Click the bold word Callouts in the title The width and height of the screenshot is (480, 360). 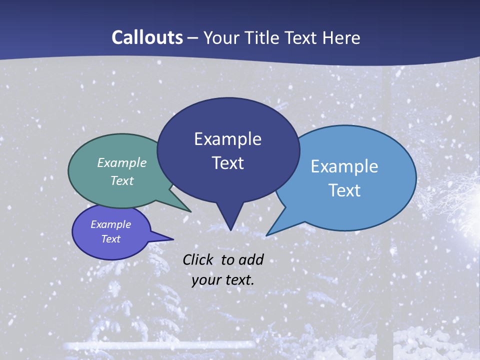(147, 37)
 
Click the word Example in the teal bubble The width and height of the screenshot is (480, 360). (122, 162)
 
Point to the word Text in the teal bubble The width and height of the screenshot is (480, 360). (122, 180)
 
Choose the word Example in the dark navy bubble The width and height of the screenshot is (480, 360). (227, 139)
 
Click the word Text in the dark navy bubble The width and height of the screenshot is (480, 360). (227, 163)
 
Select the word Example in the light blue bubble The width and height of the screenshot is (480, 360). (344, 166)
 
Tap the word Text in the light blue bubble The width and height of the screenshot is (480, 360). (344, 190)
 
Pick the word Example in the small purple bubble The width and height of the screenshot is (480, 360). (111, 224)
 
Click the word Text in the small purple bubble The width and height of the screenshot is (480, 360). (111, 239)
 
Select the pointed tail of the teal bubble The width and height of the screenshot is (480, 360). (188, 210)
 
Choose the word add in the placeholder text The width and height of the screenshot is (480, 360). (251, 259)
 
